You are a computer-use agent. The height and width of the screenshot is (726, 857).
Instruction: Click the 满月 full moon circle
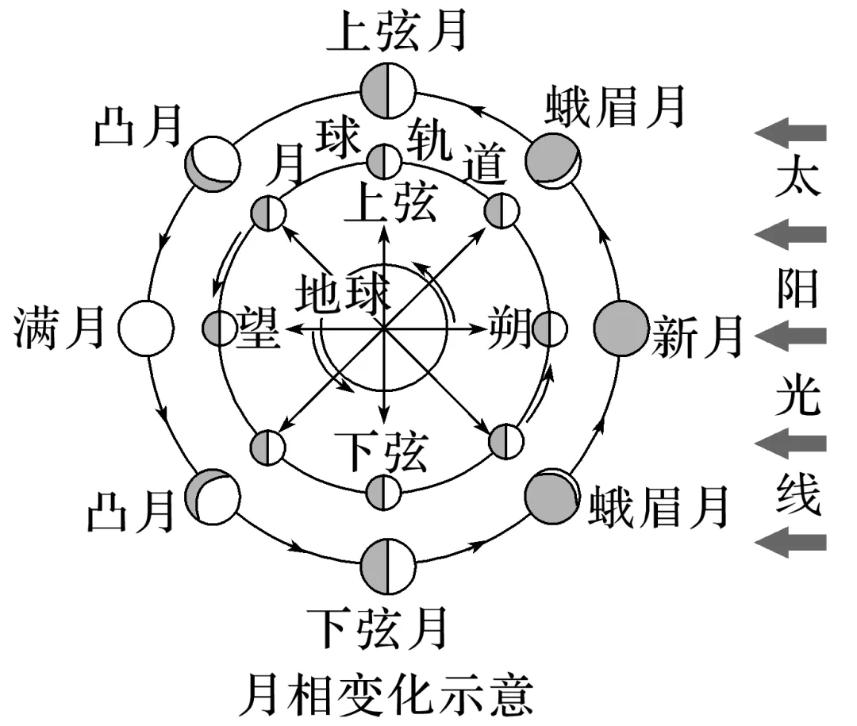tap(145, 327)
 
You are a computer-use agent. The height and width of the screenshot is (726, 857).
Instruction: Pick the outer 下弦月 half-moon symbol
tap(386, 565)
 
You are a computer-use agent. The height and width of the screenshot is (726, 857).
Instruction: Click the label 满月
tap(60, 327)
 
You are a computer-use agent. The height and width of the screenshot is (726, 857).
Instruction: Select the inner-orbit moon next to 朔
tap(550, 328)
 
